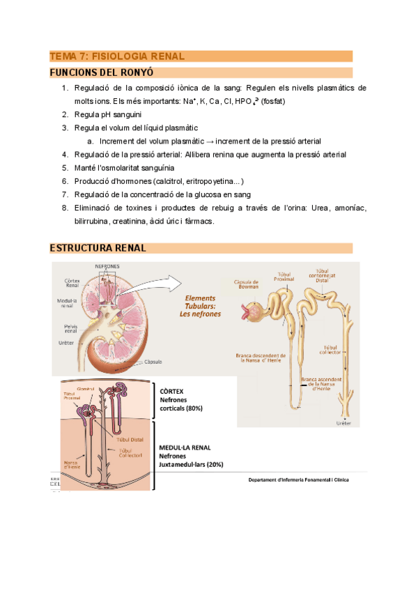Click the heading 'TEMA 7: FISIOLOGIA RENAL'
116,56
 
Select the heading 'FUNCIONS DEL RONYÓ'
102,72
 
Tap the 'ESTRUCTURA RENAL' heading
98,248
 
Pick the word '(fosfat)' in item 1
273,101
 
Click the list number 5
64,168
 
